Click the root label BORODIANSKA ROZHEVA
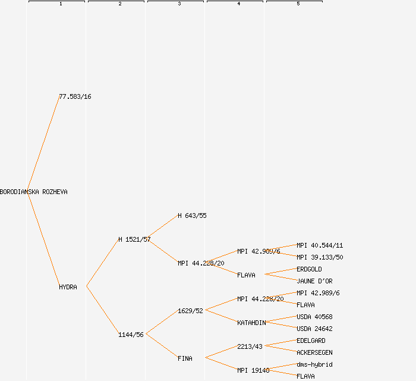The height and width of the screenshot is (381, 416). point(34,192)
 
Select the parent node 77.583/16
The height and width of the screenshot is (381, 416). point(75,96)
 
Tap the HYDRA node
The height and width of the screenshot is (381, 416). point(68,287)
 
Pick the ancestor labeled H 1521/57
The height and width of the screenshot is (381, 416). point(134,239)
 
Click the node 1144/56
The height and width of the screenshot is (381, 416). point(131,335)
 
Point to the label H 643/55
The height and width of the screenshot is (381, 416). point(192,216)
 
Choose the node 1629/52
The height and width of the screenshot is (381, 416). point(190,311)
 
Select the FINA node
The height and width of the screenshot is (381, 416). point(185,358)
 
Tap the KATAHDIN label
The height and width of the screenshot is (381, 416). point(251,323)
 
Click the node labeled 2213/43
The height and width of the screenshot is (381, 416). point(250,346)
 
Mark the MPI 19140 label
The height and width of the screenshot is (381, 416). point(253,370)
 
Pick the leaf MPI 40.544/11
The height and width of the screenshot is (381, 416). point(320,245)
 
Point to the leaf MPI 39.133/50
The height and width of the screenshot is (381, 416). point(320,257)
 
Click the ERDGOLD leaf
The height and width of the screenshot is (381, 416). point(309,269)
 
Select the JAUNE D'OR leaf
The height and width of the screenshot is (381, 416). point(314,281)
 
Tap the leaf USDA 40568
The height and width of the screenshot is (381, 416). point(314,317)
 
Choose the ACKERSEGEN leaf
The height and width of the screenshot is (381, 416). point(314,352)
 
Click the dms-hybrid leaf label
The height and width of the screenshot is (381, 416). point(314,364)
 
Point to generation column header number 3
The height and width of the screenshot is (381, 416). point(179,4)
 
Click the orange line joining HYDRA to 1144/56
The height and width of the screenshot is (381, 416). point(102,310)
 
